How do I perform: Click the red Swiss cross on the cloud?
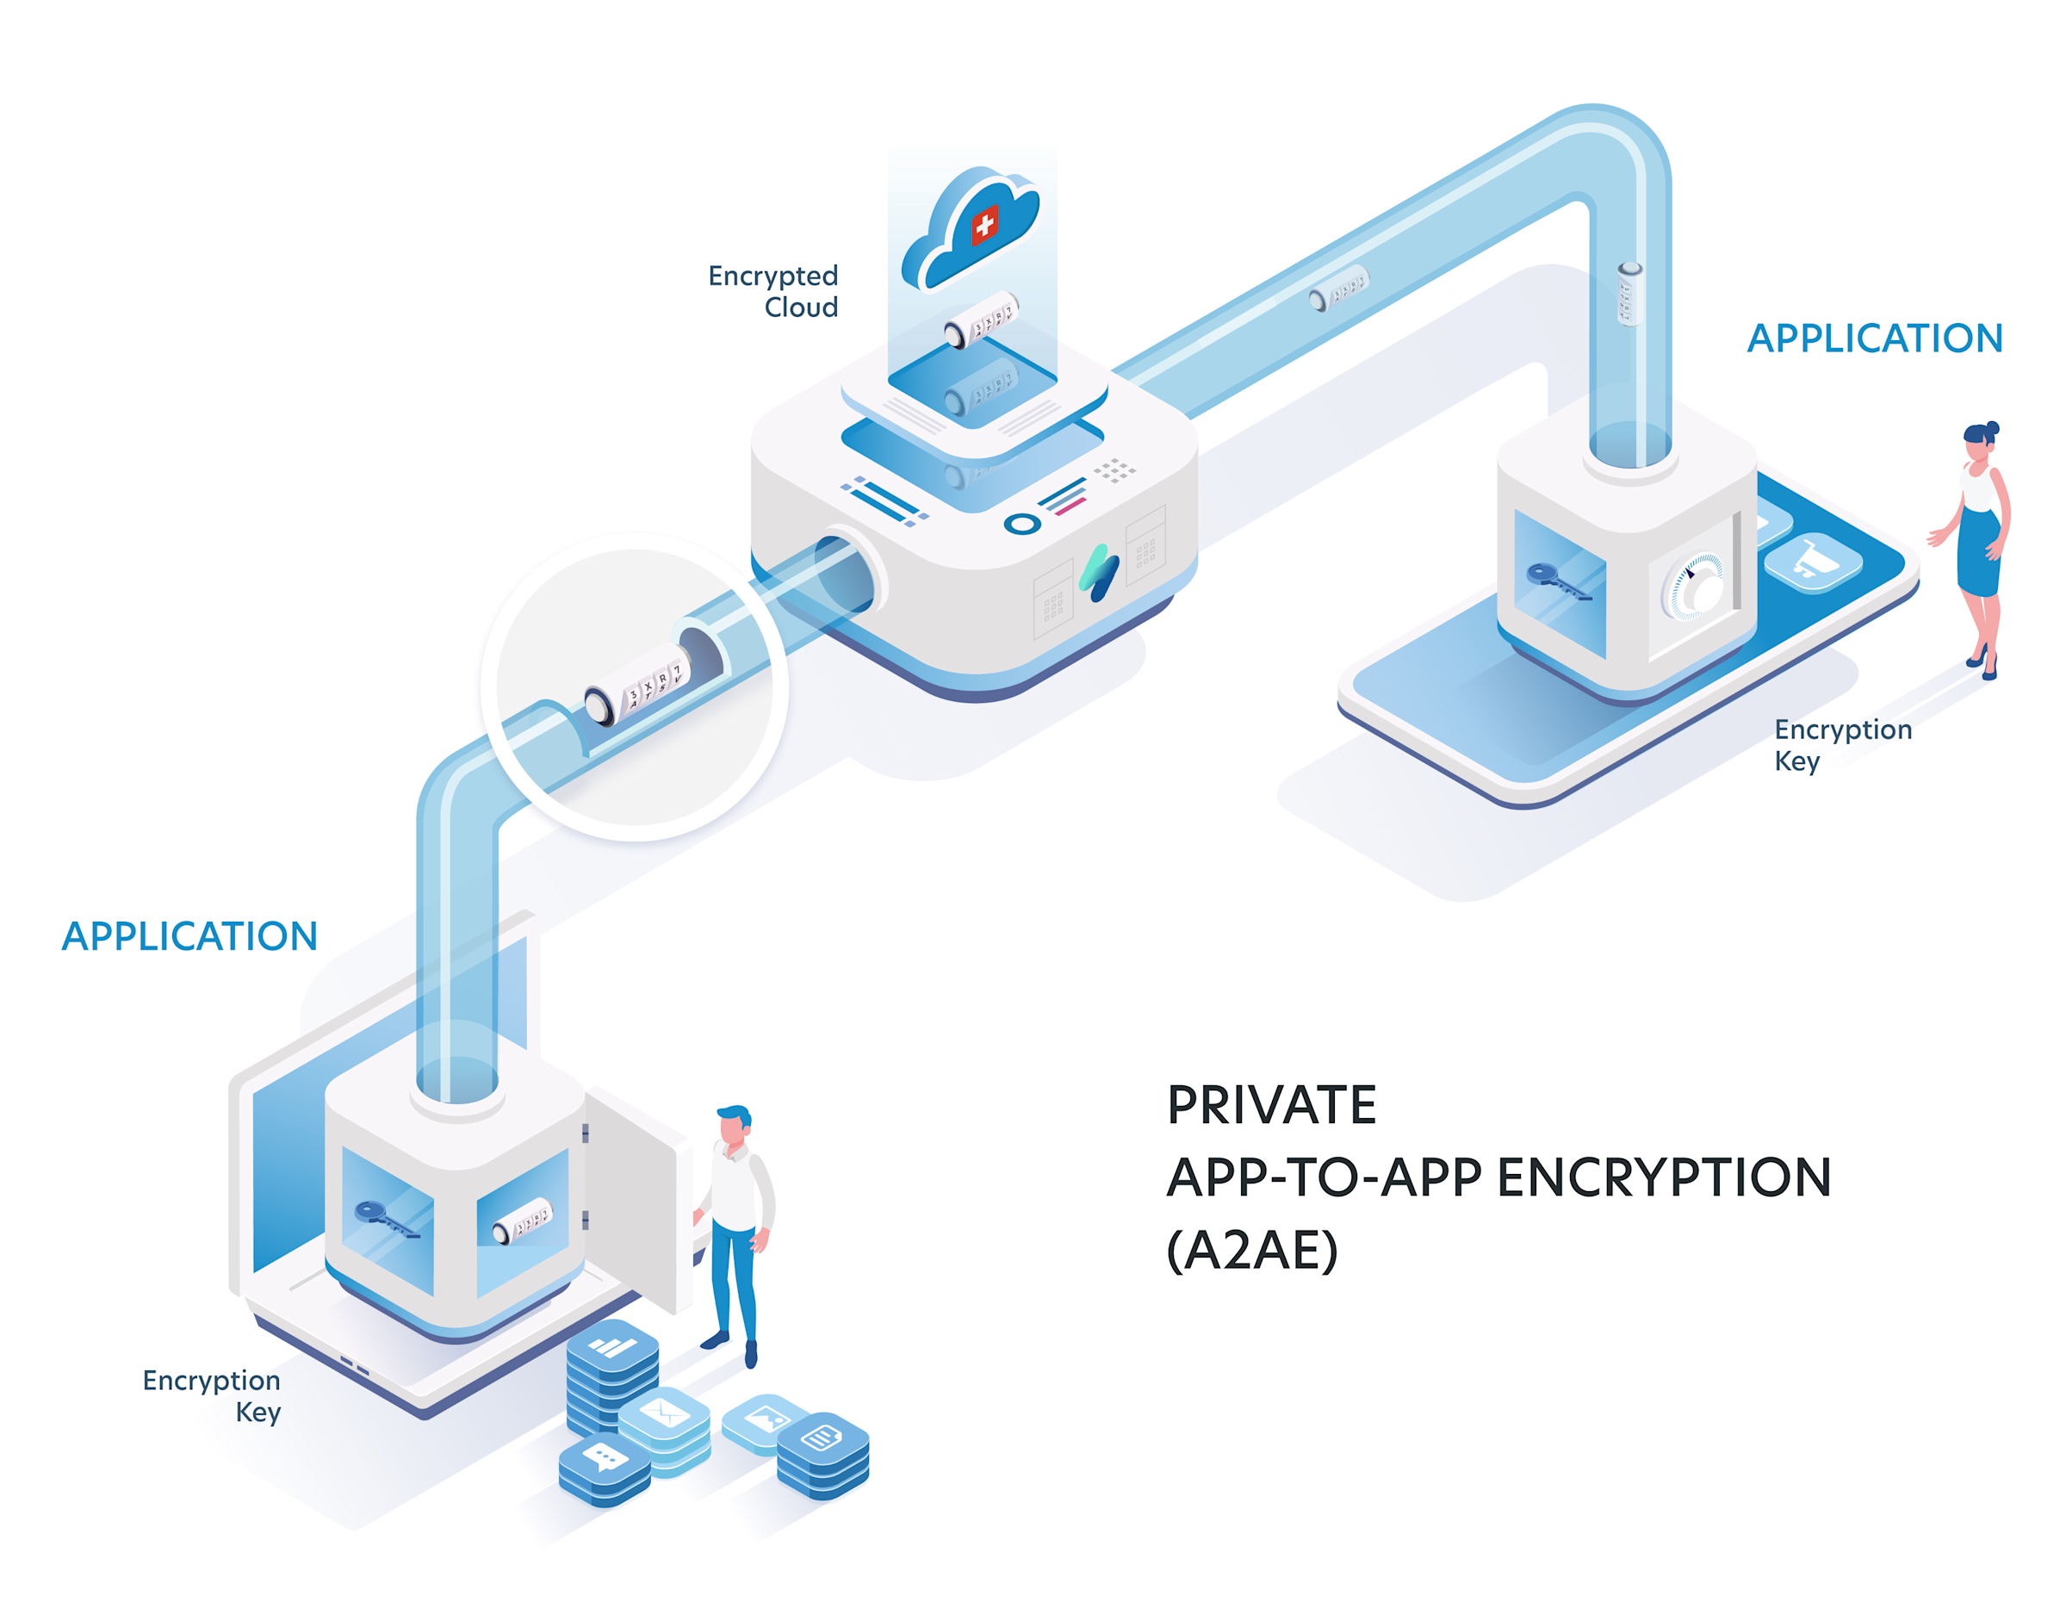[x=984, y=225]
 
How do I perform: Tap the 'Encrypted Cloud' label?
[x=773, y=290]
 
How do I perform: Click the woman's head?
[x=1978, y=442]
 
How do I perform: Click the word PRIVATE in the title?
[x=1271, y=1105]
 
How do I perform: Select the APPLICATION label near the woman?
[x=1874, y=338]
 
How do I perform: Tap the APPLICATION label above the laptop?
[x=189, y=937]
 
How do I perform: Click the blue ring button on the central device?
[x=1021, y=524]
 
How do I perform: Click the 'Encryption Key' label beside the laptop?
[x=213, y=1395]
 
